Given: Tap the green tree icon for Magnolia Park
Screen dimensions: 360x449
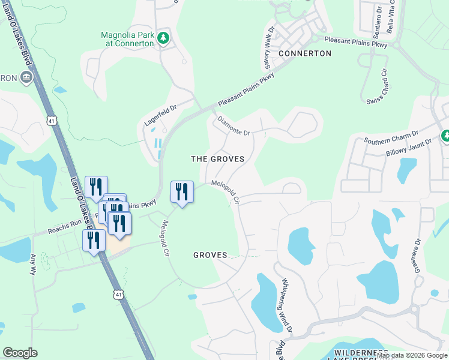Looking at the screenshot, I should pyautogui.click(x=163, y=38).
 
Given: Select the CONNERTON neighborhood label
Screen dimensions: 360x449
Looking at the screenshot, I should pyautogui.click(x=305, y=53).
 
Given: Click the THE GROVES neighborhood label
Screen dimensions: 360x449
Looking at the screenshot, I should pyautogui.click(x=217, y=159).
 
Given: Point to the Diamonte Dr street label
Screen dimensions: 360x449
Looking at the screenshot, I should pyautogui.click(x=234, y=126).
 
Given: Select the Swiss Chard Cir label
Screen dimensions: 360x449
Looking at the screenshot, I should pyautogui.click(x=378, y=87).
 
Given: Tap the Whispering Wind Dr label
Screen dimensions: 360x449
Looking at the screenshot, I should pyautogui.click(x=287, y=305).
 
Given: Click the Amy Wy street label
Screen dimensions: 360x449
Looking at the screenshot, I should pyautogui.click(x=32, y=263).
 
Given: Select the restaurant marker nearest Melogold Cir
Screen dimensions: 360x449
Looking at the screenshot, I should pyautogui.click(x=182, y=191).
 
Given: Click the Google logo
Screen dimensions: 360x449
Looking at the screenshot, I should pyautogui.click(x=20, y=353).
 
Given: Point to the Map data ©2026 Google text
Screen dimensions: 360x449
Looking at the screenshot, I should pyautogui.click(x=412, y=355).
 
